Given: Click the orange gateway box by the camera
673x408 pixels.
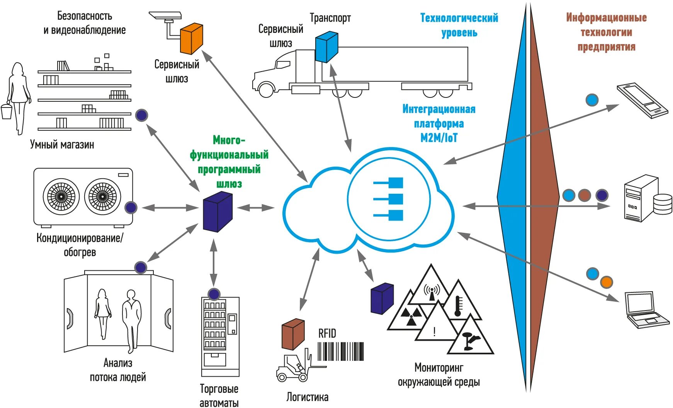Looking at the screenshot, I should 191,39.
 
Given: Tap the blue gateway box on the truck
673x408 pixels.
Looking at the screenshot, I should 326,47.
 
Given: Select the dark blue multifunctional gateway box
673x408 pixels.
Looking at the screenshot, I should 218,212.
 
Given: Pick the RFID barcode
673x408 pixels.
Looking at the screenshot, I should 340,352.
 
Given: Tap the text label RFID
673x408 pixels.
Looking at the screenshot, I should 327,333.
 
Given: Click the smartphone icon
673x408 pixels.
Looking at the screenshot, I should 642,100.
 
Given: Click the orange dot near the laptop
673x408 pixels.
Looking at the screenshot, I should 607,282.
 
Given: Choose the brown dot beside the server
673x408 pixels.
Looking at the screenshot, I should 585,195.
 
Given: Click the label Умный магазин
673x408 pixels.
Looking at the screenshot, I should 62,145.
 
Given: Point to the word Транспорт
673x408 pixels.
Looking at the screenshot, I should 330,18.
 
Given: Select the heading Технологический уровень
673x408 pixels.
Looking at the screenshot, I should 459,25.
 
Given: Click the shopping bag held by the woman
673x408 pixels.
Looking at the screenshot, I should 7,111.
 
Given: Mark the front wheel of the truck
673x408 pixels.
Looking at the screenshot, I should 266,90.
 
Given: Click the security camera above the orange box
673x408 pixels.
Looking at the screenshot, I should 165,16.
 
